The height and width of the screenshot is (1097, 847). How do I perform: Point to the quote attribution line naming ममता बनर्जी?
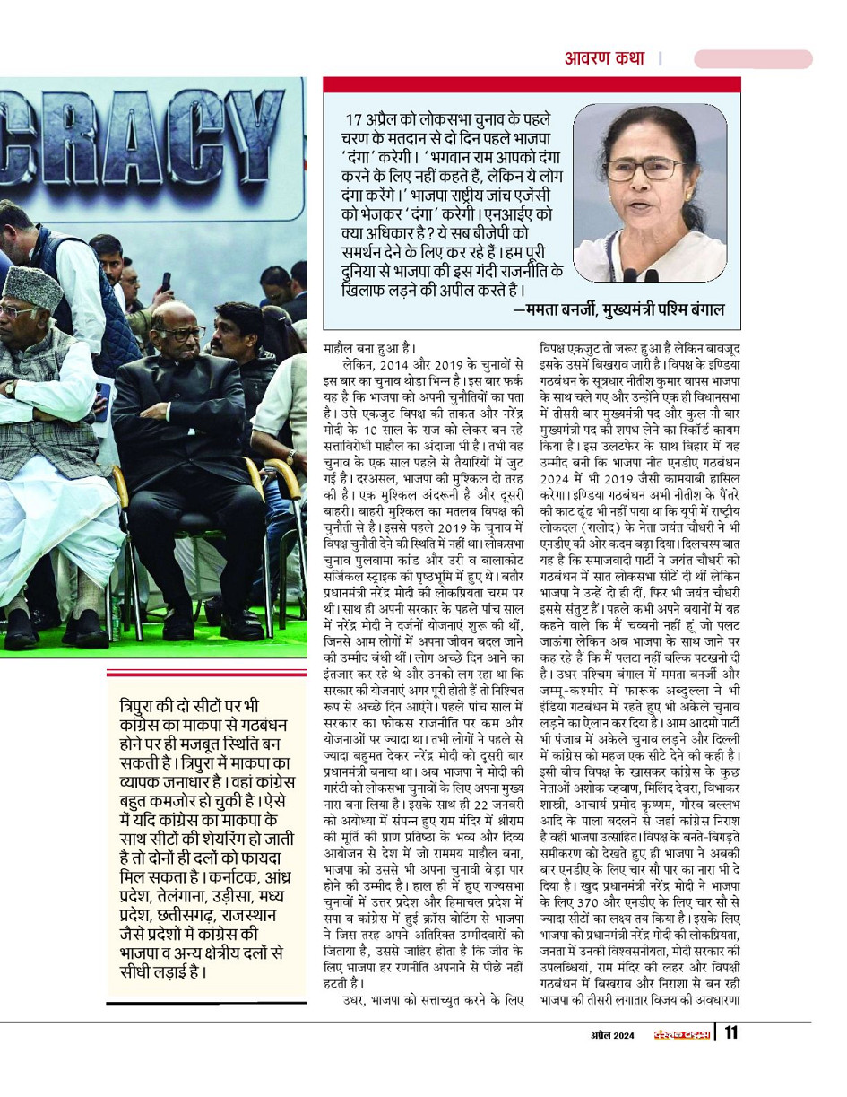pos(618,310)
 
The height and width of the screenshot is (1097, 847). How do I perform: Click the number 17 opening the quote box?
pos(355,119)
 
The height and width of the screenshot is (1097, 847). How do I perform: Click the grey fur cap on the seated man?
pos(30,286)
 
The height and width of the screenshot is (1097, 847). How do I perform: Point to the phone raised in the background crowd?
pos(166,282)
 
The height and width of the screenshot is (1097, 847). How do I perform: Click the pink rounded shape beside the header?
pos(752,59)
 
